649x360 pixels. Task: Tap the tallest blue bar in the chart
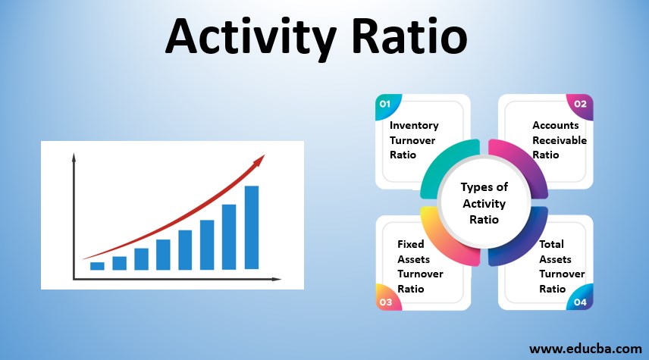(x=252, y=227)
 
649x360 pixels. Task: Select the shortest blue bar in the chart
(x=97, y=266)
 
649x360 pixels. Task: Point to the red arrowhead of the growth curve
(x=260, y=159)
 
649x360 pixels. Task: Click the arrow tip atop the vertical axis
(x=74, y=157)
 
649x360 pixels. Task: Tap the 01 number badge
(x=385, y=104)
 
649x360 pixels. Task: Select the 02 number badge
(x=580, y=104)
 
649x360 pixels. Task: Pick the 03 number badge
(x=385, y=302)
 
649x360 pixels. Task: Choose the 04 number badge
(x=580, y=302)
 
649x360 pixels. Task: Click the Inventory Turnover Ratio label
(x=414, y=139)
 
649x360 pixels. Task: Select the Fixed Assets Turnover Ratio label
(x=420, y=266)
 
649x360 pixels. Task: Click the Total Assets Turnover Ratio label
(x=561, y=266)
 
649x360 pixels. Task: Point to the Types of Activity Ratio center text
(x=484, y=203)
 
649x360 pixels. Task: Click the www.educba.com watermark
(x=585, y=349)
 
